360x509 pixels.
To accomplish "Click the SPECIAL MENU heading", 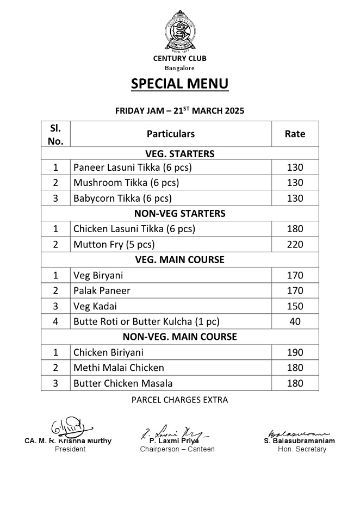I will (x=179, y=84).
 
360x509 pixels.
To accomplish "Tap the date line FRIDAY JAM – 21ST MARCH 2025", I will (x=179, y=110).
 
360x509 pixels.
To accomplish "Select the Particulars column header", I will (x=170, y=134).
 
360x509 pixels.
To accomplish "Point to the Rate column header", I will (x=295, y=134).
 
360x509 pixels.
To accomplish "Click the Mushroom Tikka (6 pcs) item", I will (x=126, y=183).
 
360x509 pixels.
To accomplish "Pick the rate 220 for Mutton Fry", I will (x=295, y=244).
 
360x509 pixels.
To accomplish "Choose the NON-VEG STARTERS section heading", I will (x=179, y=213).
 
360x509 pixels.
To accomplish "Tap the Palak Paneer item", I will (x=102, y=291).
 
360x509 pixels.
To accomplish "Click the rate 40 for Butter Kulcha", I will (x=295, y=321).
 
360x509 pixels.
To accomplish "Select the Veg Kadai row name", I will (x=95, y=306).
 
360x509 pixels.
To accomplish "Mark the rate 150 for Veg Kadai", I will (x=295, y=306).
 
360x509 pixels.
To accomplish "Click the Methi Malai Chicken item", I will (x=119, y=368).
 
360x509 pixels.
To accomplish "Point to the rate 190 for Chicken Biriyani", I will (x=295, y=352).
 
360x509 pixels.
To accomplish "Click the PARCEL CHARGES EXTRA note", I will (x=179, y=400).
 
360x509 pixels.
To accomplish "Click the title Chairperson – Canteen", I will (x=177, y=449).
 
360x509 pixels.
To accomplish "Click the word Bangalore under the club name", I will (x=179, y=68).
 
